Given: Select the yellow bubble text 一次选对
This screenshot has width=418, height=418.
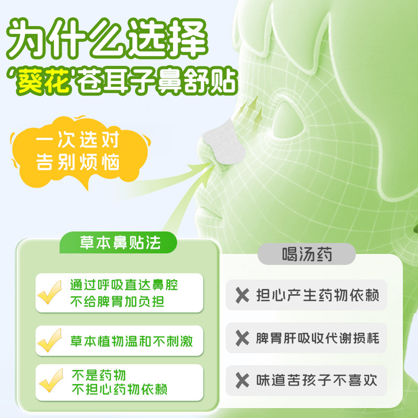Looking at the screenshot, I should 77,141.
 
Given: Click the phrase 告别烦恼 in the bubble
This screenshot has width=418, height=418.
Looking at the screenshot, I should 77,162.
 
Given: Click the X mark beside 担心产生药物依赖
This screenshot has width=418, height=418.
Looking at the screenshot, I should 242,296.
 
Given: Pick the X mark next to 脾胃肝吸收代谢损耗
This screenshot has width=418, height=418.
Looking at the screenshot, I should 242,338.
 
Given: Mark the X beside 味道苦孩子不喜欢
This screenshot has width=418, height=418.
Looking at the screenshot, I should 242,380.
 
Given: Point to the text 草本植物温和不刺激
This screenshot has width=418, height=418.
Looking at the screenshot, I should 132,341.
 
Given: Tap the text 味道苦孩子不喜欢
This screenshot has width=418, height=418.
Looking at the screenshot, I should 318,380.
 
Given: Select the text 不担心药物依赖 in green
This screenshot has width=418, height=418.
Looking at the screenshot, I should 119,390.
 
